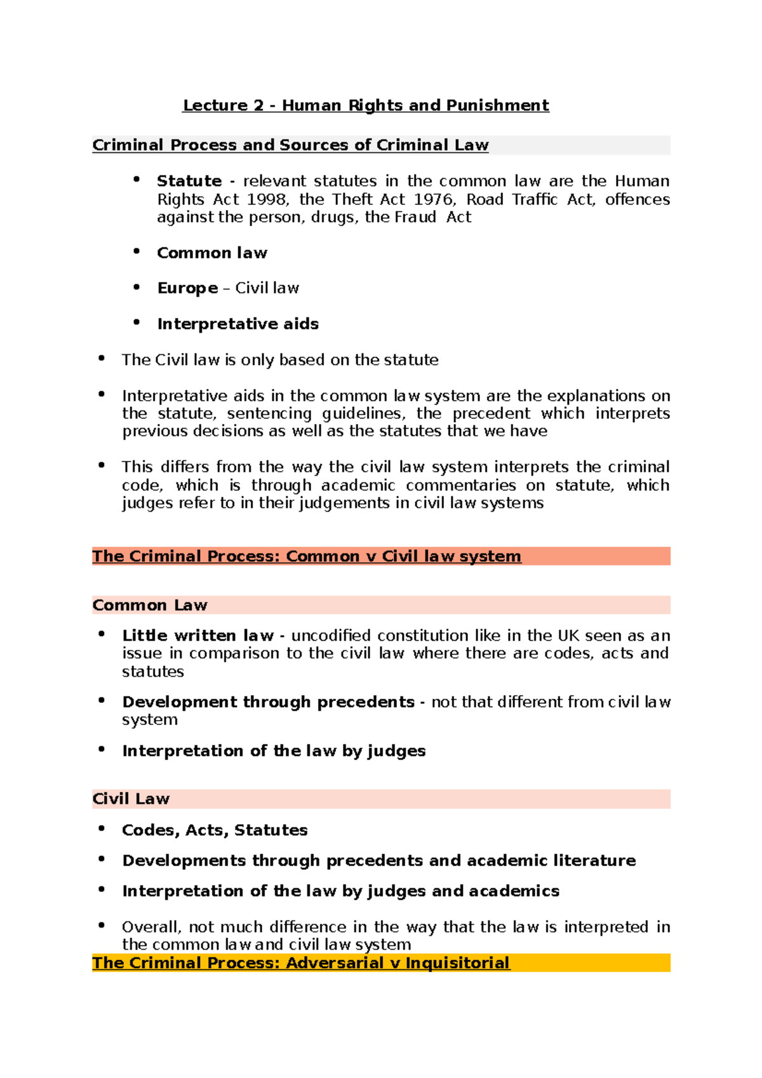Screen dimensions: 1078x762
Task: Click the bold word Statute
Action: (189, 181)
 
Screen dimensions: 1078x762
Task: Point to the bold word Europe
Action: (187, 288)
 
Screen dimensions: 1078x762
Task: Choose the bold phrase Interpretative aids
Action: (237, 324)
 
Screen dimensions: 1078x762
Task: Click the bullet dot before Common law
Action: (137, 251)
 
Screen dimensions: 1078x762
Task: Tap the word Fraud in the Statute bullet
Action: (415, 217)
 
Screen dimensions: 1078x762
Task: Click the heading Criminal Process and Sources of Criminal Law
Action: (290, 145)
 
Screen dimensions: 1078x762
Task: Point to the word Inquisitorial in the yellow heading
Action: (457, 963)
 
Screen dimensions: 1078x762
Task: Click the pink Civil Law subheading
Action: (131, 799)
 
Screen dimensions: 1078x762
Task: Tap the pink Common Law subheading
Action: (150, 605)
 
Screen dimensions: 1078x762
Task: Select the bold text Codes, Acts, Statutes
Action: (215, 830)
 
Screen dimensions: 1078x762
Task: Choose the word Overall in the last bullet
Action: (151, 927)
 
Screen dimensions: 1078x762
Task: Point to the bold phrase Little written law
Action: (197, 635)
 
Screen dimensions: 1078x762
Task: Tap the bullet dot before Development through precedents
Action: (102, 700)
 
